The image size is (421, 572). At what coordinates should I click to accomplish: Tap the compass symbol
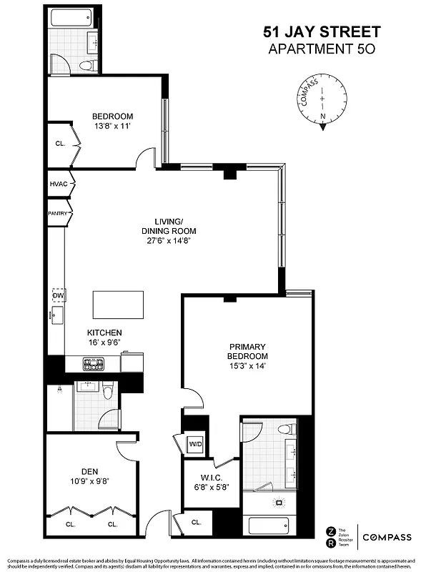tap(323, 106)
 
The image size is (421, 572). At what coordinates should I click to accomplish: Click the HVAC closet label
tap(58, 184)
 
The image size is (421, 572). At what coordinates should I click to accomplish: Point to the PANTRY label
tap(57, 213)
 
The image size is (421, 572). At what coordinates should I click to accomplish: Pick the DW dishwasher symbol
tap(57, 295)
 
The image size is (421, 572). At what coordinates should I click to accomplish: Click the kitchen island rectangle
tap(119, 305)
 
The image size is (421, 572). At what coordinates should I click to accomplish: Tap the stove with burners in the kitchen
tap(94, 364)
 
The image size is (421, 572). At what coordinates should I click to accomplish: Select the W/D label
tap(195, 444)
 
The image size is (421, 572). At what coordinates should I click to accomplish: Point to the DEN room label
tap(89, 471)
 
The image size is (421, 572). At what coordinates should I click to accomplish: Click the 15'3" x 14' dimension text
tap(247, 367)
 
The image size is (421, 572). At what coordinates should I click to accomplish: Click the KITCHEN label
tap(104, 332)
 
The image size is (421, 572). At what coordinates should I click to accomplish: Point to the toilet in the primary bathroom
tap(286, 428)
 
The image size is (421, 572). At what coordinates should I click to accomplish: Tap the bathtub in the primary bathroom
tap(269, 526)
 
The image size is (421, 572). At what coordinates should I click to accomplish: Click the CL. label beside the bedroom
tap(60, 143)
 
